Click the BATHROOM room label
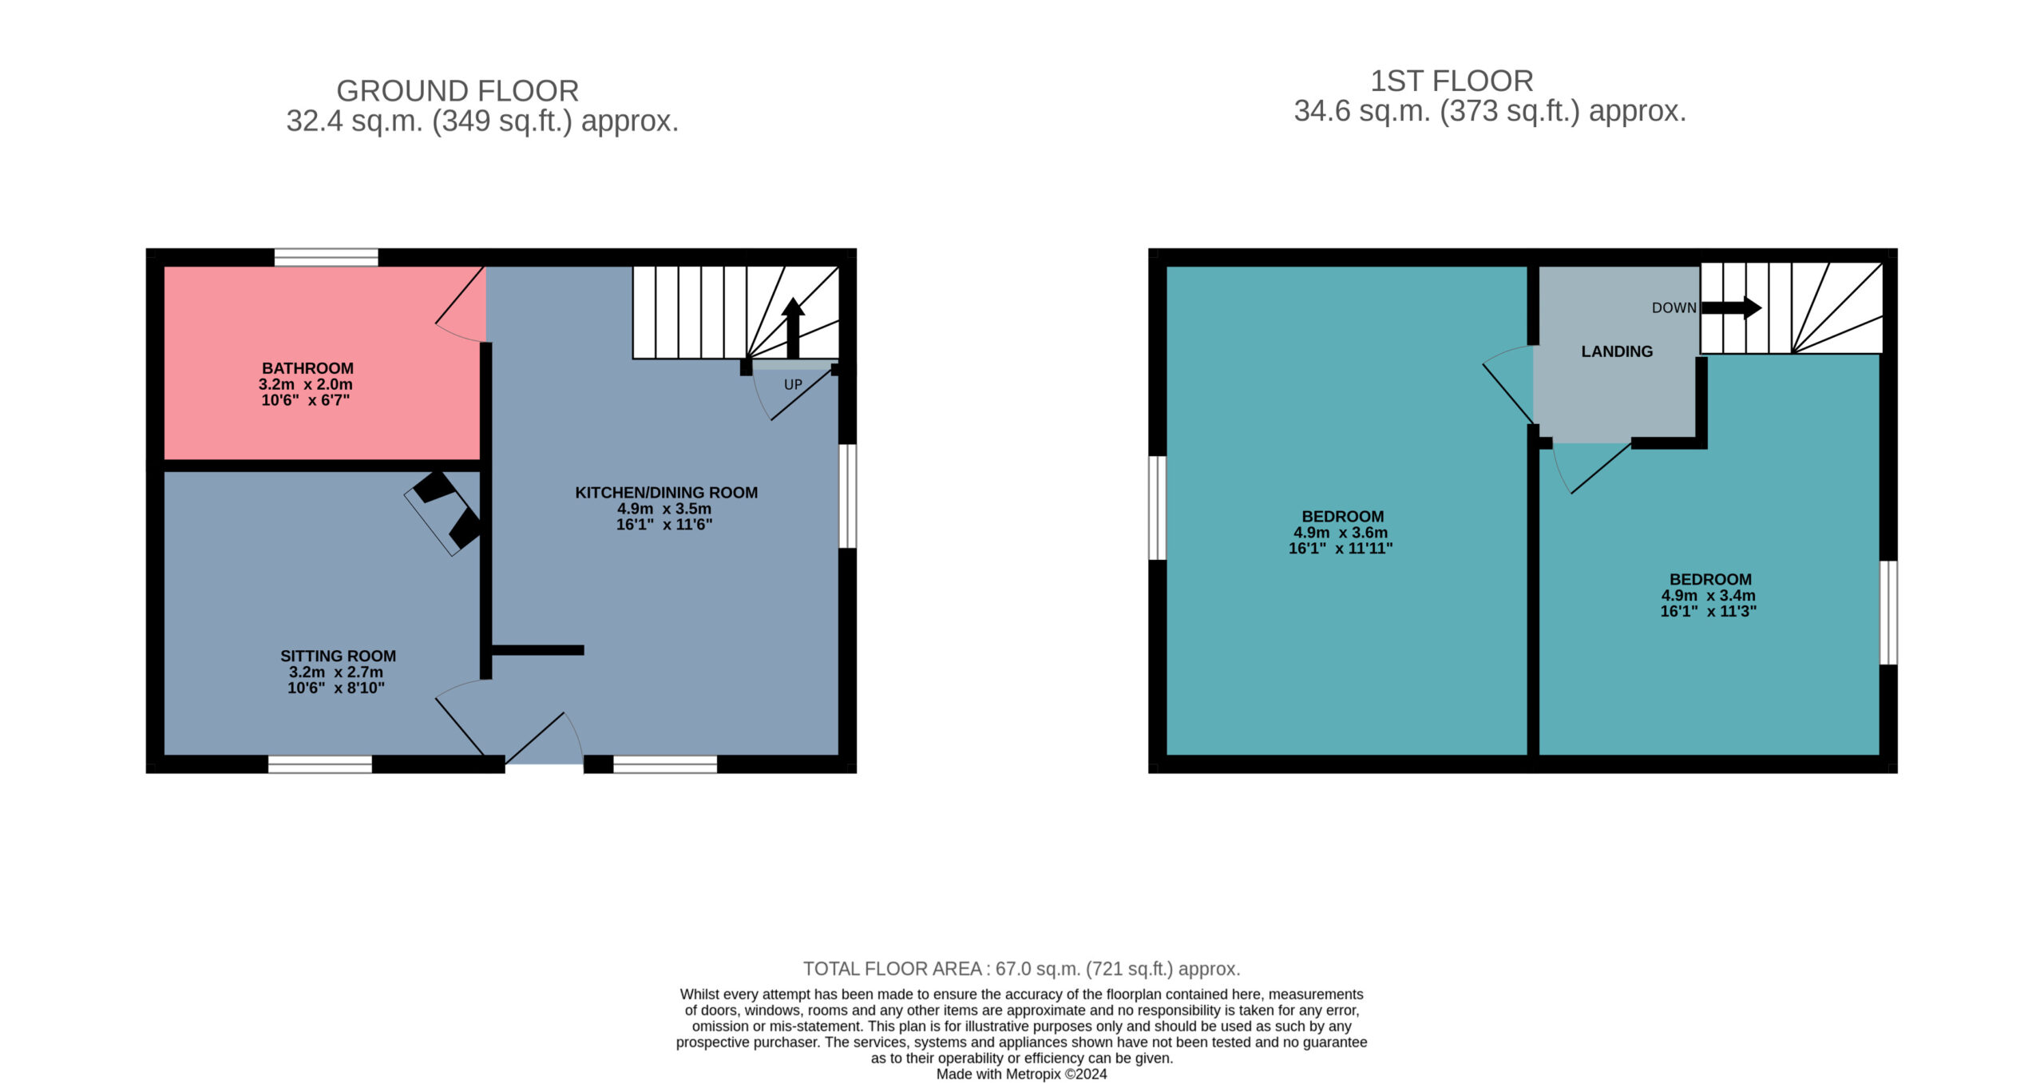307,368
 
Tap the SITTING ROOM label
338,656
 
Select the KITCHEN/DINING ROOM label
667,493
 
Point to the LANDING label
1617,351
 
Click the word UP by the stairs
793,384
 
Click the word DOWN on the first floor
1674,307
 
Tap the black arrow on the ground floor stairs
793,327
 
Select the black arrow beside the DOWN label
1731,307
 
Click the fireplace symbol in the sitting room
444,512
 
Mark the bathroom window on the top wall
326,257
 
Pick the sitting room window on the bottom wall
319,764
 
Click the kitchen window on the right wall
848,496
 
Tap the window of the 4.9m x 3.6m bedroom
1157,508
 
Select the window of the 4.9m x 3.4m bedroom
1888,613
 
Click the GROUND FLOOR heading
458,91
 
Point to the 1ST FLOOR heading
1452,81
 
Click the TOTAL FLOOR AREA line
1021,969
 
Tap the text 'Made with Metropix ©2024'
1021,1074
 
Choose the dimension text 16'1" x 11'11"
1341,549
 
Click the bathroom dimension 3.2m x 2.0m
305,384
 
